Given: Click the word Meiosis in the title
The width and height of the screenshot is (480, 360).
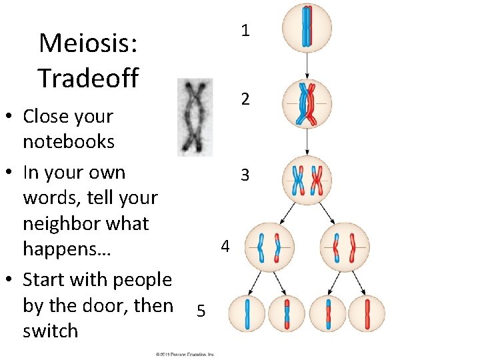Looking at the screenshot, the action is click(88, 43).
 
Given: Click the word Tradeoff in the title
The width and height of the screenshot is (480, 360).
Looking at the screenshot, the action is click(88, 78).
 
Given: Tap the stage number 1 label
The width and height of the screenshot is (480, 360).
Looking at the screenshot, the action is click(245, 31).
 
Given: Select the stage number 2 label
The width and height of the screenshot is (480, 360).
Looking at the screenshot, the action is click(245, 100).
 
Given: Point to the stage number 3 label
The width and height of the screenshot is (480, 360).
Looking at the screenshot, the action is click(245, 175).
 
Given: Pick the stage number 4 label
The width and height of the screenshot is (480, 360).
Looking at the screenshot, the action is click(225, 247).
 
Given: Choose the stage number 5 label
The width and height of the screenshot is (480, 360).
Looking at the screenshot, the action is click(201, 311).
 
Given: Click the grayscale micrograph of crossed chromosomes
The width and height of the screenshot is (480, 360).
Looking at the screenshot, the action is click(195, 117).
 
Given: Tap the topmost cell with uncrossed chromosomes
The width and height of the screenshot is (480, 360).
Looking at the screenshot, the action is click(307, 28).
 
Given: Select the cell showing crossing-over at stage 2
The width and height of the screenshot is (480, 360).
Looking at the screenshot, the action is click(307, 104).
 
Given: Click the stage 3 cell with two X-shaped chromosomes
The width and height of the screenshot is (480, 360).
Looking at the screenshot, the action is click(307, 179).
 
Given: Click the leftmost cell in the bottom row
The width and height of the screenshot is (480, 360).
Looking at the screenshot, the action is click(248, 314).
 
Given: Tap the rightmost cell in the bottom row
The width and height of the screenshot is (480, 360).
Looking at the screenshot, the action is click(367, 314).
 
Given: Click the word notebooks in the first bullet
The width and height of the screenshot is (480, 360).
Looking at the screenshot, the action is click(69, 142).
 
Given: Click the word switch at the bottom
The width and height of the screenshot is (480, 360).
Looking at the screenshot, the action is click(50, 331).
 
